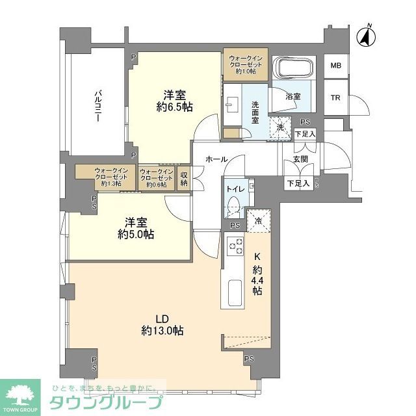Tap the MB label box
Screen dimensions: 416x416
(x=335, y=66)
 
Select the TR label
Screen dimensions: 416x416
(x=335, y=98)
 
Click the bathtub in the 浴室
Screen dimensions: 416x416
(x=295, y=68)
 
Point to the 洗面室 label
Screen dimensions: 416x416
(x=256, y=112)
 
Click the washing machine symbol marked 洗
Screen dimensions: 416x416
(x=280, y=126)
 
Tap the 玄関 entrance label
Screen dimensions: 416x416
(x=300, y=159)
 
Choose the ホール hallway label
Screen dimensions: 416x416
(x=216, y=159)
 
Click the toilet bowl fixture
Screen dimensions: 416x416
(x=235, y=208)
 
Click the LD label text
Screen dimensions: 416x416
(x=162, y=318)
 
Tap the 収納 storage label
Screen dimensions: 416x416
(x=184, y=178)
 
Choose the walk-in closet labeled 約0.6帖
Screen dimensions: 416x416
(x=156, y=177)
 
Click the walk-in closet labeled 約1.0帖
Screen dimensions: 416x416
(x=245, y=64)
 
